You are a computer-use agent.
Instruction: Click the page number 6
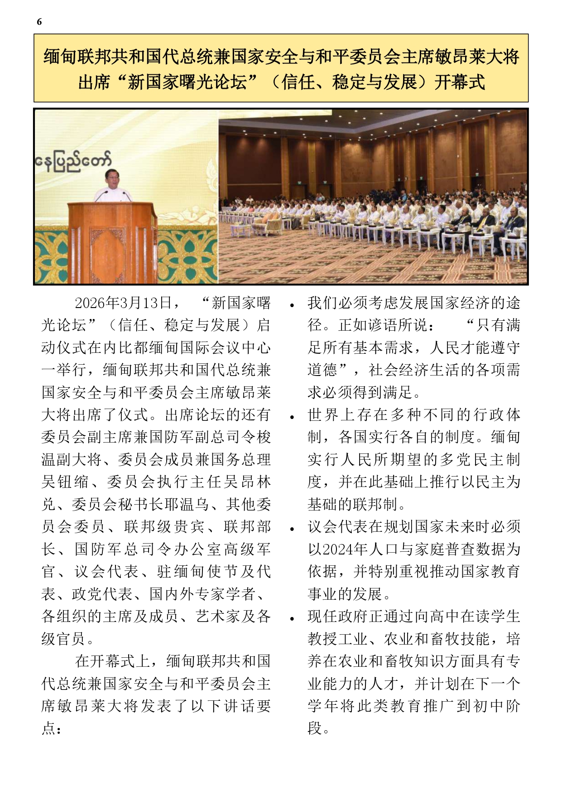[39, 22]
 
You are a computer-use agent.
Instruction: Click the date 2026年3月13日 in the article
[123, 303]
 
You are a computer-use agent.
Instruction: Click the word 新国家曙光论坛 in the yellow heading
[187, 82]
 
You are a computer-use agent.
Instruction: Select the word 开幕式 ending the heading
[459, 82]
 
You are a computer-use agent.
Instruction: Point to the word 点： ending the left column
[52, 728]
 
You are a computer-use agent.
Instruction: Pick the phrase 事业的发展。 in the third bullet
[349, 594]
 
